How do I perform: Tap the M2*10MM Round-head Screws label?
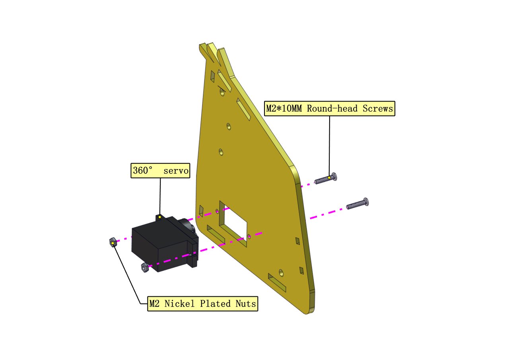click(330, 109)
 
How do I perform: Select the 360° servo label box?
click(160, 171)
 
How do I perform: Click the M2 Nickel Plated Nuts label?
click(203, 304)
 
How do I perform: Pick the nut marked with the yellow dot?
click(113, 243)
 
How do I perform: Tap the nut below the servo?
click(145, 267)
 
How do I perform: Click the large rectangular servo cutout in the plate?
click(233, 224)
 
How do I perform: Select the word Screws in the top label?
click(378, 109)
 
